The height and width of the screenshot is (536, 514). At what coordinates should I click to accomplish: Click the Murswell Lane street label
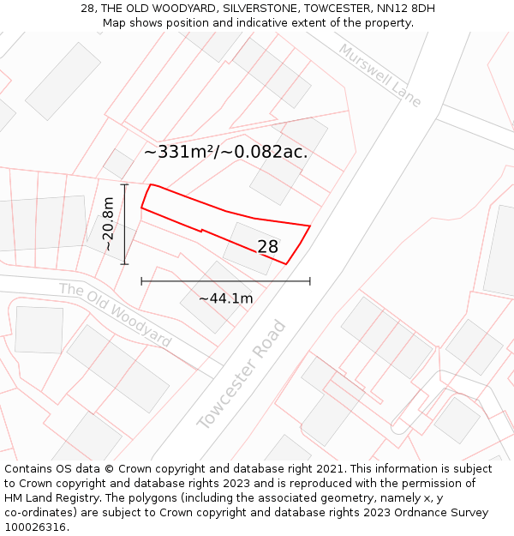[380, 75]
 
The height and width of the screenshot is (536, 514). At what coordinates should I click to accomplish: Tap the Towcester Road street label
[242, 375]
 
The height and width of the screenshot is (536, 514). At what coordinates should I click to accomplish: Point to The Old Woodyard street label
[115, 315]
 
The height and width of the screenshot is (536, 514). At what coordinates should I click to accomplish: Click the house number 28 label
[267, 247]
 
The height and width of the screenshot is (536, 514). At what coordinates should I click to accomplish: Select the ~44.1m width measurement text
[225, 298]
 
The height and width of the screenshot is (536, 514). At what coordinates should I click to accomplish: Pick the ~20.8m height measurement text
[109, 224]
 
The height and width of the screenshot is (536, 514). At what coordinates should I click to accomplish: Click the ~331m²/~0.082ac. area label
[225, 153]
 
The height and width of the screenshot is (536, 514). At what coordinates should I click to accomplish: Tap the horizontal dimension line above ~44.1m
[225, 280]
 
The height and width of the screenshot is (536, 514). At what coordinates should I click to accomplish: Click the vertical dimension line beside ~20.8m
[125, 224]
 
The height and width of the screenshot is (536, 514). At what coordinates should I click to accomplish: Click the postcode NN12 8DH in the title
[404, 9]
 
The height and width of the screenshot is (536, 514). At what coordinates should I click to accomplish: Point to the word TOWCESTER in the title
[337, 9]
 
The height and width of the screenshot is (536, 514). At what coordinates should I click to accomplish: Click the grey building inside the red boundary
[250, 248]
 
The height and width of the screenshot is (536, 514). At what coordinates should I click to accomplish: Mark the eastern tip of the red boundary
[309, 226]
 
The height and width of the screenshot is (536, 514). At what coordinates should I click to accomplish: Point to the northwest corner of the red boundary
[151, 184]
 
